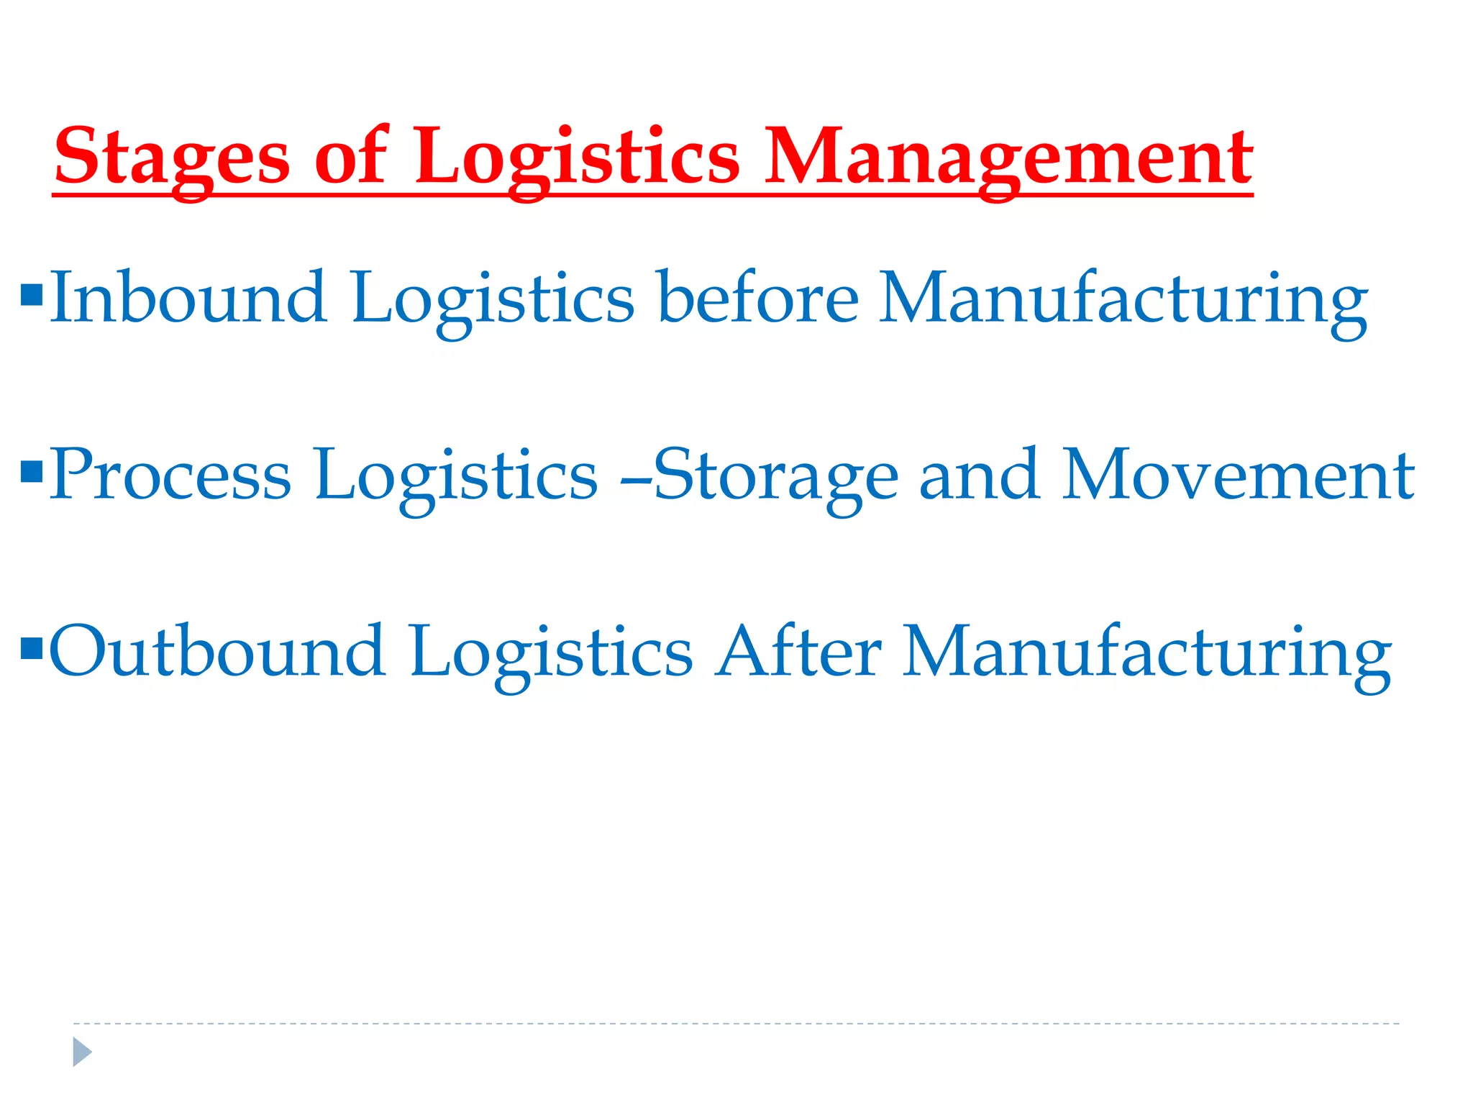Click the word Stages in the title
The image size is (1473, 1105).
coord(171,157)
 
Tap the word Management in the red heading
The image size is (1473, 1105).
coord(1008,157)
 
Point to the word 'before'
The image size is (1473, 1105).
coord(758,297)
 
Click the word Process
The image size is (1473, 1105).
coord(170,475)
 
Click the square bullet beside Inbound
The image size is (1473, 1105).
coord(32,295)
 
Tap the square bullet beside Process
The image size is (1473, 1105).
coord(32,472)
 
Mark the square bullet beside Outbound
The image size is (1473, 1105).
coord(32,649)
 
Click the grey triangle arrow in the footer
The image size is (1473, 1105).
coord(82,1052)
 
